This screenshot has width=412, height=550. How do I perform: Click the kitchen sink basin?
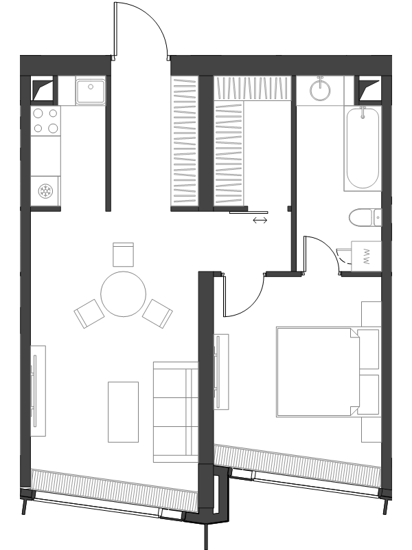point(91,91)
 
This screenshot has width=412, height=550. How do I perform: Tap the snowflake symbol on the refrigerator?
point(45,191)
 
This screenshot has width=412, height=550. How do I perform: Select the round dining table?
point(124,294)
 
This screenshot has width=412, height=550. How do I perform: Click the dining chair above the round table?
point(124,254)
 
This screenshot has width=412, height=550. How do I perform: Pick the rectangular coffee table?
point(123,412)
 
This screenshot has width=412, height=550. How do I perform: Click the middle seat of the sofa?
point(176,412)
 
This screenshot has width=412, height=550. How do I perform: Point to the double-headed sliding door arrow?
point(260,220)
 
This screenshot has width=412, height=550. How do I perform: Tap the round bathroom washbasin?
point(320,89)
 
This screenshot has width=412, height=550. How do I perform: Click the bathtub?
point(363,148)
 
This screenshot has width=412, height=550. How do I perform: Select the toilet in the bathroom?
point(365,217)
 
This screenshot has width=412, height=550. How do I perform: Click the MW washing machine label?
point(367,256)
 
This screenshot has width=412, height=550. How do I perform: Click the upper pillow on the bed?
point(368,349)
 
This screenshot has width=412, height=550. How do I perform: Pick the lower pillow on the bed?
point(368,395)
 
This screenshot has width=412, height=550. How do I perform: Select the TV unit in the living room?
point(38,390)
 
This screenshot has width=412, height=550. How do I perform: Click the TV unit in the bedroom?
point(221,371)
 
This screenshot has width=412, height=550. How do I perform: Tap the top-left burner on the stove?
point(38,113)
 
